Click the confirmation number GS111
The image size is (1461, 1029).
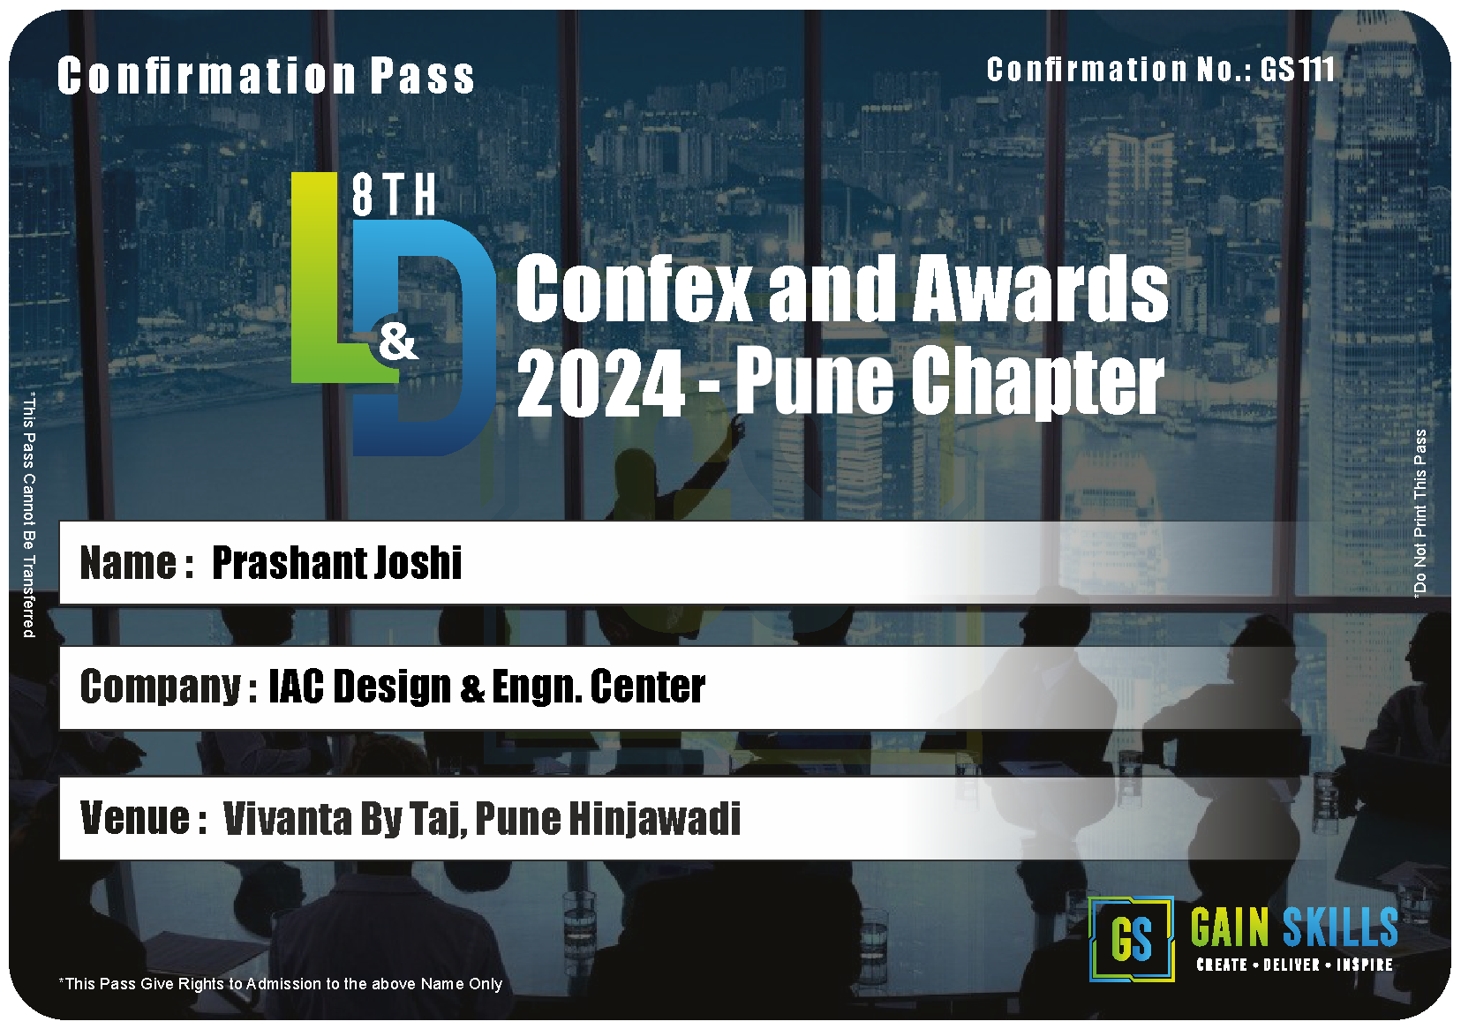pos(1298,69)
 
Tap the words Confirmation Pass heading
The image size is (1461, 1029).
pos(266,76)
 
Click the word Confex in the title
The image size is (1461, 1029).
pos(634,288)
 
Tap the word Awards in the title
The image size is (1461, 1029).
pos(1040,288)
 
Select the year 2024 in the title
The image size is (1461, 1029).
pos(600,383)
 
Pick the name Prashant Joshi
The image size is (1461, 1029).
pos(336,562)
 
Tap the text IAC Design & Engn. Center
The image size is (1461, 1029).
pos(486,687)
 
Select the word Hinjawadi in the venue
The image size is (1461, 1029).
pos(655,819)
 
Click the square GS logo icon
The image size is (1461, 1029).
pos(1132,939)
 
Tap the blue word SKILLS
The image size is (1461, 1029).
pos(1340,928)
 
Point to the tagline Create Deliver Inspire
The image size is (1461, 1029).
pos(1295,965)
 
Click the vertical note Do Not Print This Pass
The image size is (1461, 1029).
pos(1420,513)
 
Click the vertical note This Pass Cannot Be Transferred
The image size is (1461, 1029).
pos(29,515)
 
